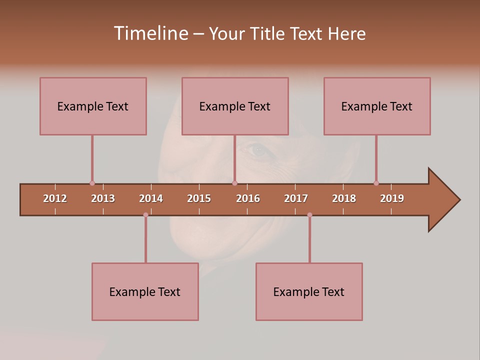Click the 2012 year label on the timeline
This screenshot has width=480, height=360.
tap(55, 198)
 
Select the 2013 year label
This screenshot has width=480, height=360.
tap(103, 198)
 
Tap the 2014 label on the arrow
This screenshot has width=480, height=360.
tap(151, 198)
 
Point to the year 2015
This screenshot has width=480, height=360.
tap(199, 198)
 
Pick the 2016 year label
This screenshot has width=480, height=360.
tap(248, 198)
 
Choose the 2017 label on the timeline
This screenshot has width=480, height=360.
tap(296, 198)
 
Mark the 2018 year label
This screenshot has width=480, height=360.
tap(344, 198)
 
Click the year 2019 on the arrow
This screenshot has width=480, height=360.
tap(392, 198)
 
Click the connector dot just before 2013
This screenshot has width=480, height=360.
tap(92, 183)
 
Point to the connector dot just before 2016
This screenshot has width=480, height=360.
tap(234, 183)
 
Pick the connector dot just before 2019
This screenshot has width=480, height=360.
tap(376, 183)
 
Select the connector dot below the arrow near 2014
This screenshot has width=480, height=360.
tap(145, 215)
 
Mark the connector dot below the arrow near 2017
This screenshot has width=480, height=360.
tap(309, 215)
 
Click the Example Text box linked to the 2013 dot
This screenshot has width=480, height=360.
tap(93, 106)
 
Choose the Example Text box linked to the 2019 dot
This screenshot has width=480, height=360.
tap(377, 106)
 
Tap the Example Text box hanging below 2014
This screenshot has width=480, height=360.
tap(145, 291)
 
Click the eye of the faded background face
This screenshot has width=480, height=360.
tap(258, 149)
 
